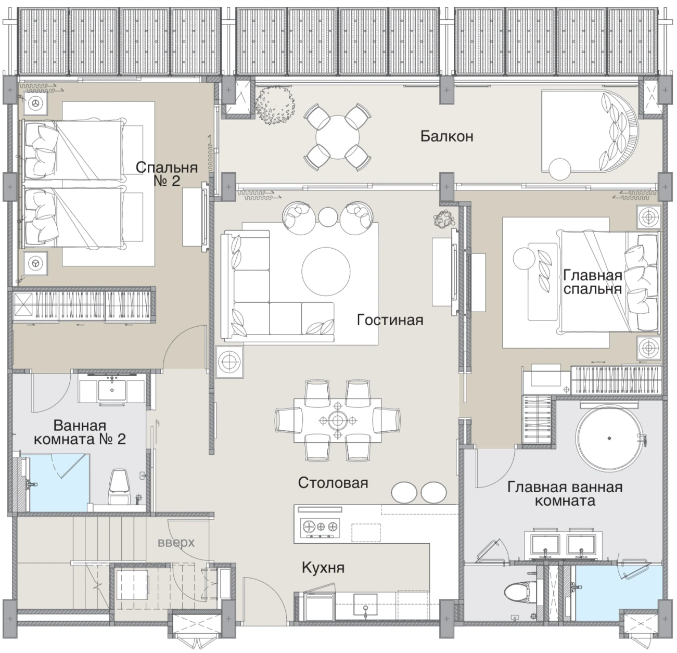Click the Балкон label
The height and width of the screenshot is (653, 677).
pos(446,136)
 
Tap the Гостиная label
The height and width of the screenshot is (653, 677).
pos(390,319)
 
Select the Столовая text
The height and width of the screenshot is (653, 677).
pos(333,482)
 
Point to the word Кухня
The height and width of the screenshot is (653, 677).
pos(323,568)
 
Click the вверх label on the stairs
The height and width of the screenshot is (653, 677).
pos(176,543)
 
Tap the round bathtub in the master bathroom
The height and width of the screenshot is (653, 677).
pos(609,438)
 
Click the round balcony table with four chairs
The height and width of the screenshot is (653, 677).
pos(337,137)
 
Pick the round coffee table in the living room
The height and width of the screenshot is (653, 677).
pos(326,272)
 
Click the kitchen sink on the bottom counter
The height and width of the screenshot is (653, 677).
pos(365,605)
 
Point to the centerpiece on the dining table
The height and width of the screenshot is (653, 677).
pos(337,420)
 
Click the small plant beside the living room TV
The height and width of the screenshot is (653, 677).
pos(444,219)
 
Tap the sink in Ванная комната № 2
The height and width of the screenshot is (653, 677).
pos(112,390)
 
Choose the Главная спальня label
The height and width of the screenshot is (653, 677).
pos(593,282)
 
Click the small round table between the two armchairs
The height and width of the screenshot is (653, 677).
pos(328,217)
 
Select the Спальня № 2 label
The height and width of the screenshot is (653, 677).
pos(167,174)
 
